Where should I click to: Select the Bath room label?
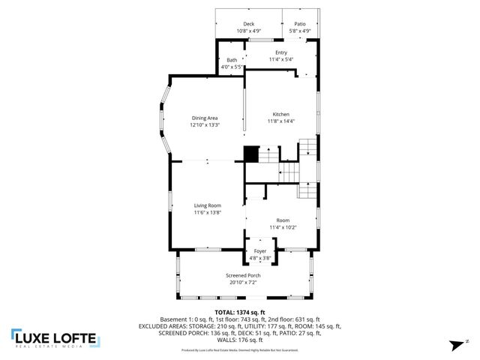pyautogui.click(x=232, y=60)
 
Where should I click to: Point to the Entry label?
pyautogui.click(x=280, y=52)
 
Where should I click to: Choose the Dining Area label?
pyautogui.click(x=205, y=118)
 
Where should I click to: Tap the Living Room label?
pyautogui.click(x=208, y=205)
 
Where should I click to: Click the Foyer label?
pyautogui.click(x=260, y=251)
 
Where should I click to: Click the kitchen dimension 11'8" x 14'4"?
pyautogui.click(x=281, y=121)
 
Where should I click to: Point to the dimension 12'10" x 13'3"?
pyautogui.click(x=205, y=124)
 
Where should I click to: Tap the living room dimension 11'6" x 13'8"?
pyautogui.click(x=208, y=212)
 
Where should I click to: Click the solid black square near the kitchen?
pyautogui.click(x=251, y=154)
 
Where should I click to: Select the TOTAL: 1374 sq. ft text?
pyautogui.click(x=240, y=312)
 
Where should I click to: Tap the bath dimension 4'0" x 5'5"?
pyautogui.click(x=232, y=67)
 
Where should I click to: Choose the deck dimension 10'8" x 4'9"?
pyautogui.click(x=249, y=31)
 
